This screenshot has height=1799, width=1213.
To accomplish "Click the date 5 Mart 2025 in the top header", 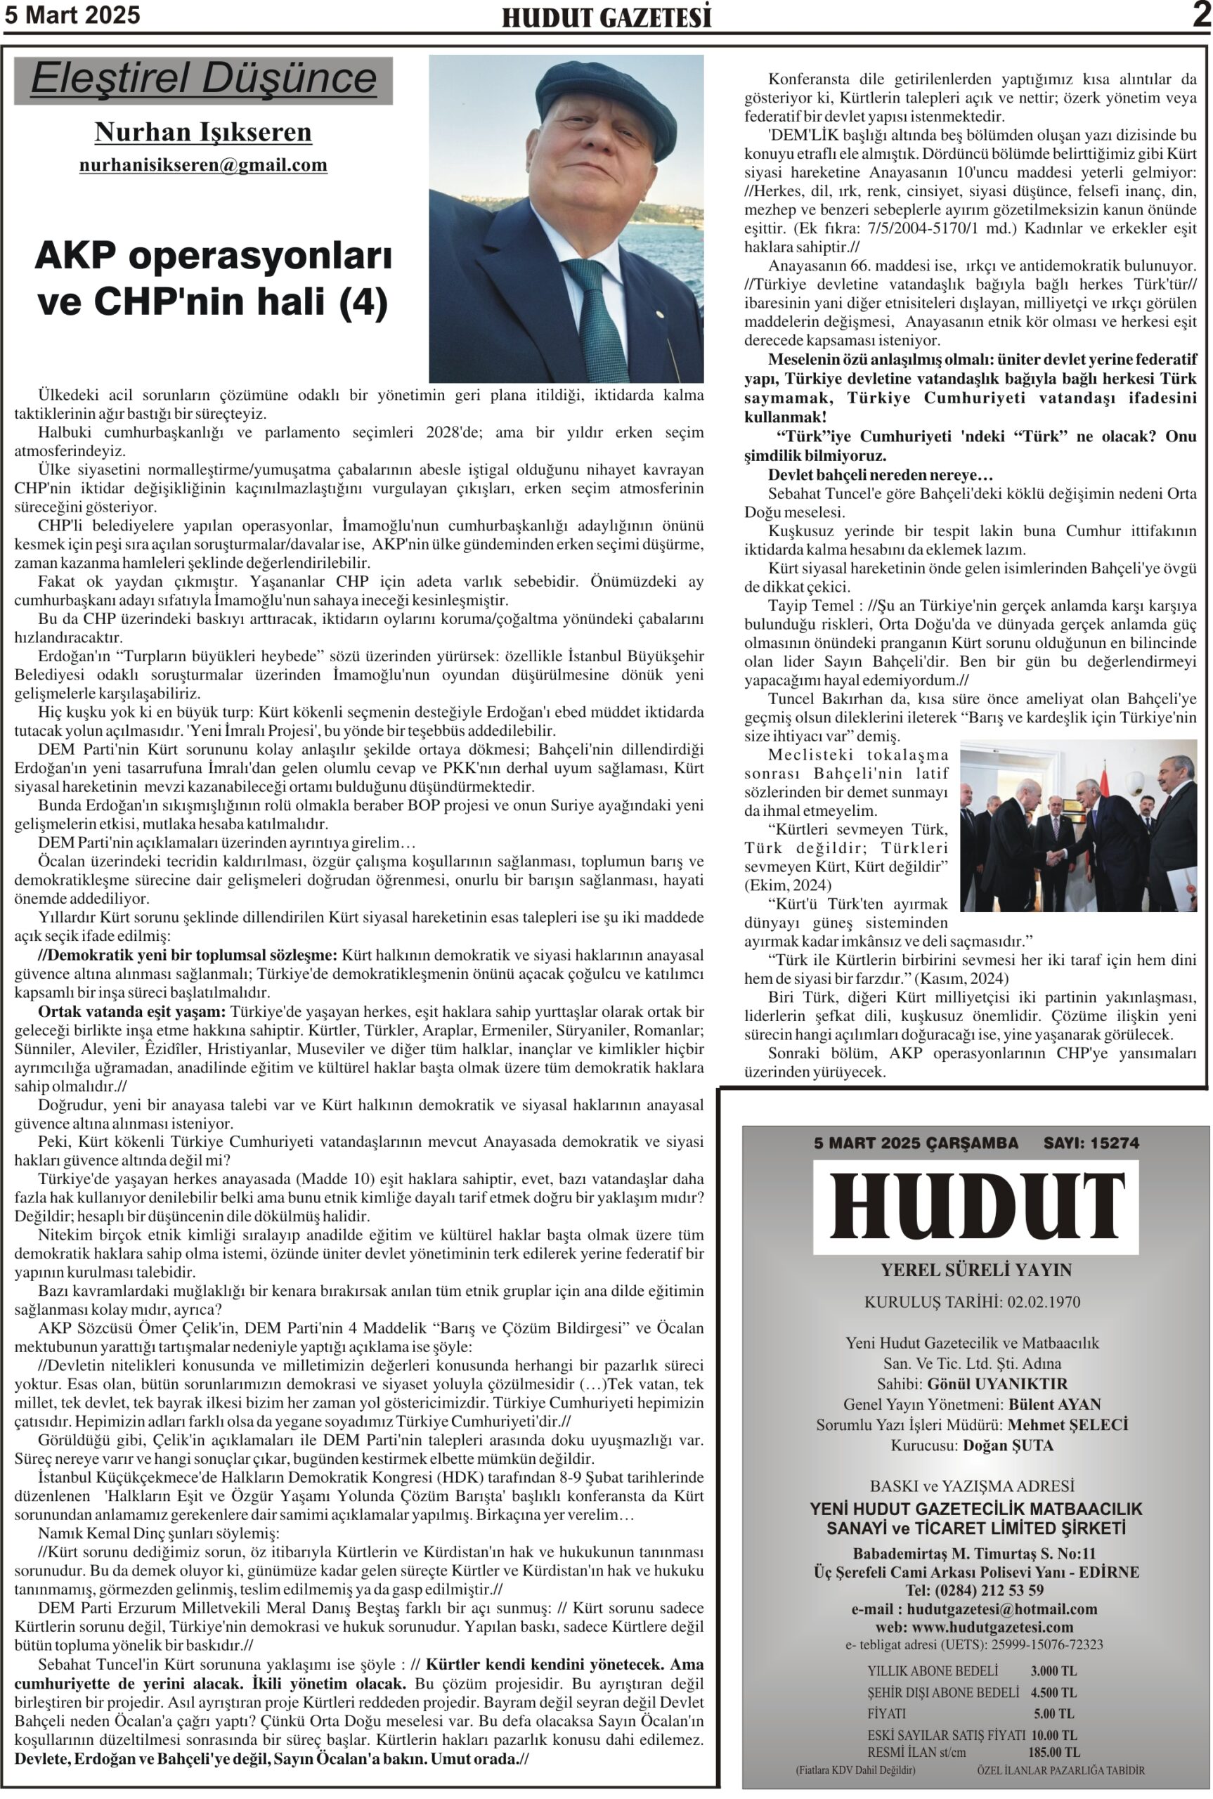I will click(x=72, y=15).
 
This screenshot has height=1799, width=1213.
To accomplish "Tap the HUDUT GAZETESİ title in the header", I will click(x=606, y=17).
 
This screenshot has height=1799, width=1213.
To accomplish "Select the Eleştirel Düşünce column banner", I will click(x=204, y=79).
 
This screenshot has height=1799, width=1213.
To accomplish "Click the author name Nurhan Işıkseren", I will click(x=202, y=132).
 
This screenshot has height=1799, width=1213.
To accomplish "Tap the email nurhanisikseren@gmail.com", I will click(x=202, y=164).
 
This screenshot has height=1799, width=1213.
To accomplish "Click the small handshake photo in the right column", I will click(x=1077, y=825).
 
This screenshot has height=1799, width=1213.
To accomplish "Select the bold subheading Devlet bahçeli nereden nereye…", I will click(x=880, y=475).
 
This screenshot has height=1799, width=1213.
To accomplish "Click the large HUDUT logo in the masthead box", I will click(x=975, y=1207).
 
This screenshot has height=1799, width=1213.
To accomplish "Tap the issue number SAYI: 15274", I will click(x=1091, y=1143).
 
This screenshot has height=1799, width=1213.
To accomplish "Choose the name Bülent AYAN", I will click(x=1054, y=1404).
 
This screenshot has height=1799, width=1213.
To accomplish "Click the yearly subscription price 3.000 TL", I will click(x=1053, y=1670).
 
